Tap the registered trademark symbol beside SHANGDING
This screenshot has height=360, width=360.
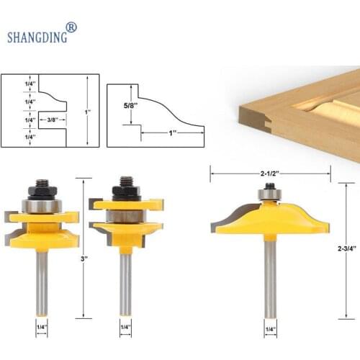point(71,27)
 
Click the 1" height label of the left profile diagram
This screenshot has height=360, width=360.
point(88,112)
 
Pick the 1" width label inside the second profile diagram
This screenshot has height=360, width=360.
point(172,134)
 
